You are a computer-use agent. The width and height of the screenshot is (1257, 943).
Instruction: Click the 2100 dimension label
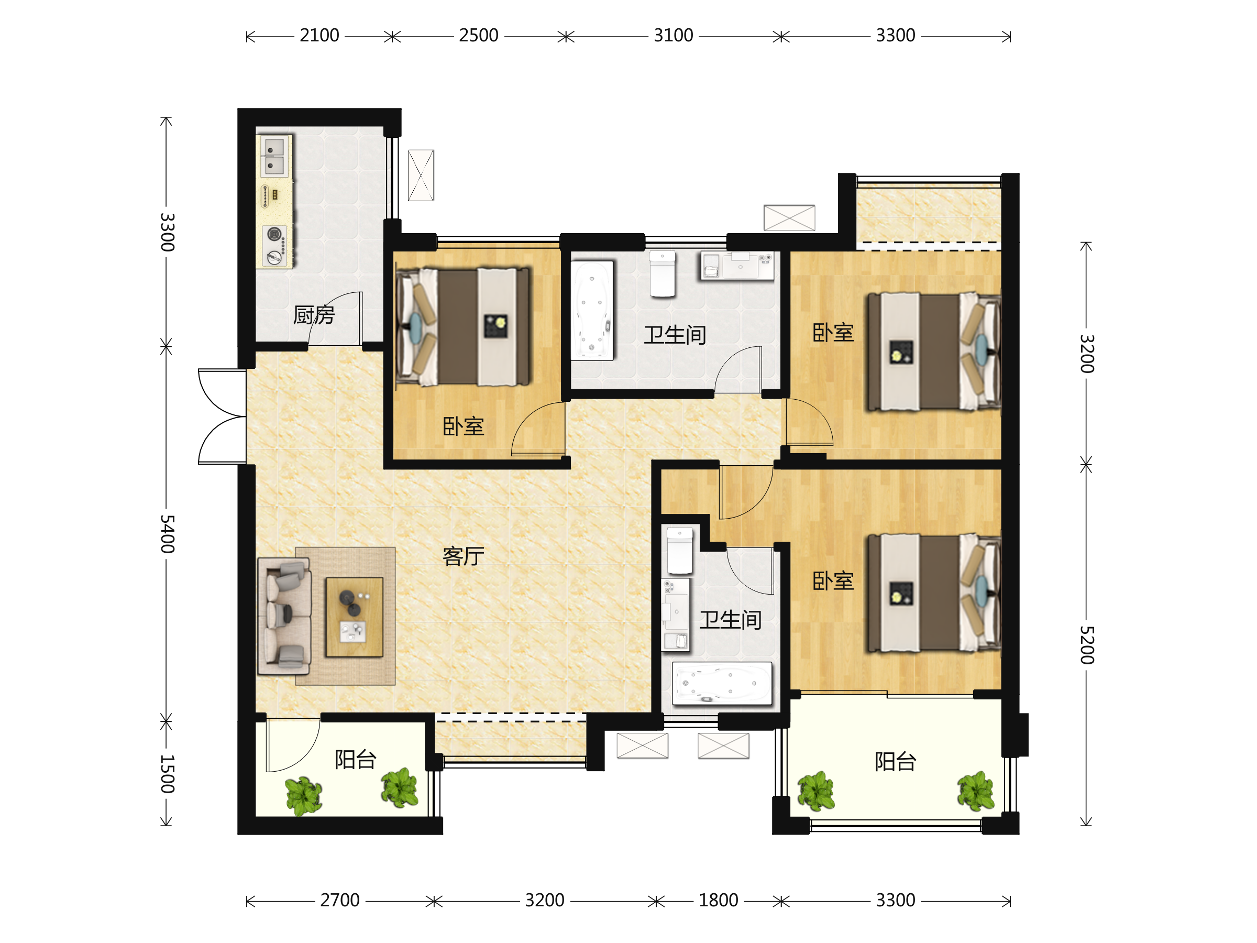coord(319,36)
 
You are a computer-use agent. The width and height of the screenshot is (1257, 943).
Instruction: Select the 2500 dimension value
coord(479,36)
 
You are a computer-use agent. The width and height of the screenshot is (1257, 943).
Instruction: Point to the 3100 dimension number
coord(674,36)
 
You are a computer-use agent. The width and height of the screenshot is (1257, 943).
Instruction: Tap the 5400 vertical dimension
coord(167,534)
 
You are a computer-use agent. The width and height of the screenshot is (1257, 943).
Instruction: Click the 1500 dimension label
coord(167,774)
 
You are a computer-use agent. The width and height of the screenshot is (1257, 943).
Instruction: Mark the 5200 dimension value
coord(1087,645)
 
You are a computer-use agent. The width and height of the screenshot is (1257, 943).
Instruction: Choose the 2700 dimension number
coord(340,901)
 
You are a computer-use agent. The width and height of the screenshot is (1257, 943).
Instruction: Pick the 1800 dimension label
coord(718,901)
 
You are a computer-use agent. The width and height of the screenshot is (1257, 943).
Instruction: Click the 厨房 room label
coord(314,314)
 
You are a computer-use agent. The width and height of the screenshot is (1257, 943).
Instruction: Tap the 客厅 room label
coord(463,556)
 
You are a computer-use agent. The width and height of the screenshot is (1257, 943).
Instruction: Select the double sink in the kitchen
coord(274,156)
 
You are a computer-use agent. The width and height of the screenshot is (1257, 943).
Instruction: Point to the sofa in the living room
coord(284,616)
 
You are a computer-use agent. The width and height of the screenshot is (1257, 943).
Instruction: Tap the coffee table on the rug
coord(354,617)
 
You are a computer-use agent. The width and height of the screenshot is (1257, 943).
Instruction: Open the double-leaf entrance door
coord(222,416)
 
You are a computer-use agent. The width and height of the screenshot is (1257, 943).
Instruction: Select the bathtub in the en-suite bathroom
coord(722,683)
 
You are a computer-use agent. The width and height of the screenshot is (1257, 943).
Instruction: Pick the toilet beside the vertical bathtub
coord(663,274)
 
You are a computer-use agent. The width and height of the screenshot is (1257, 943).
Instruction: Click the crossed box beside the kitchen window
coord(421,175)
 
